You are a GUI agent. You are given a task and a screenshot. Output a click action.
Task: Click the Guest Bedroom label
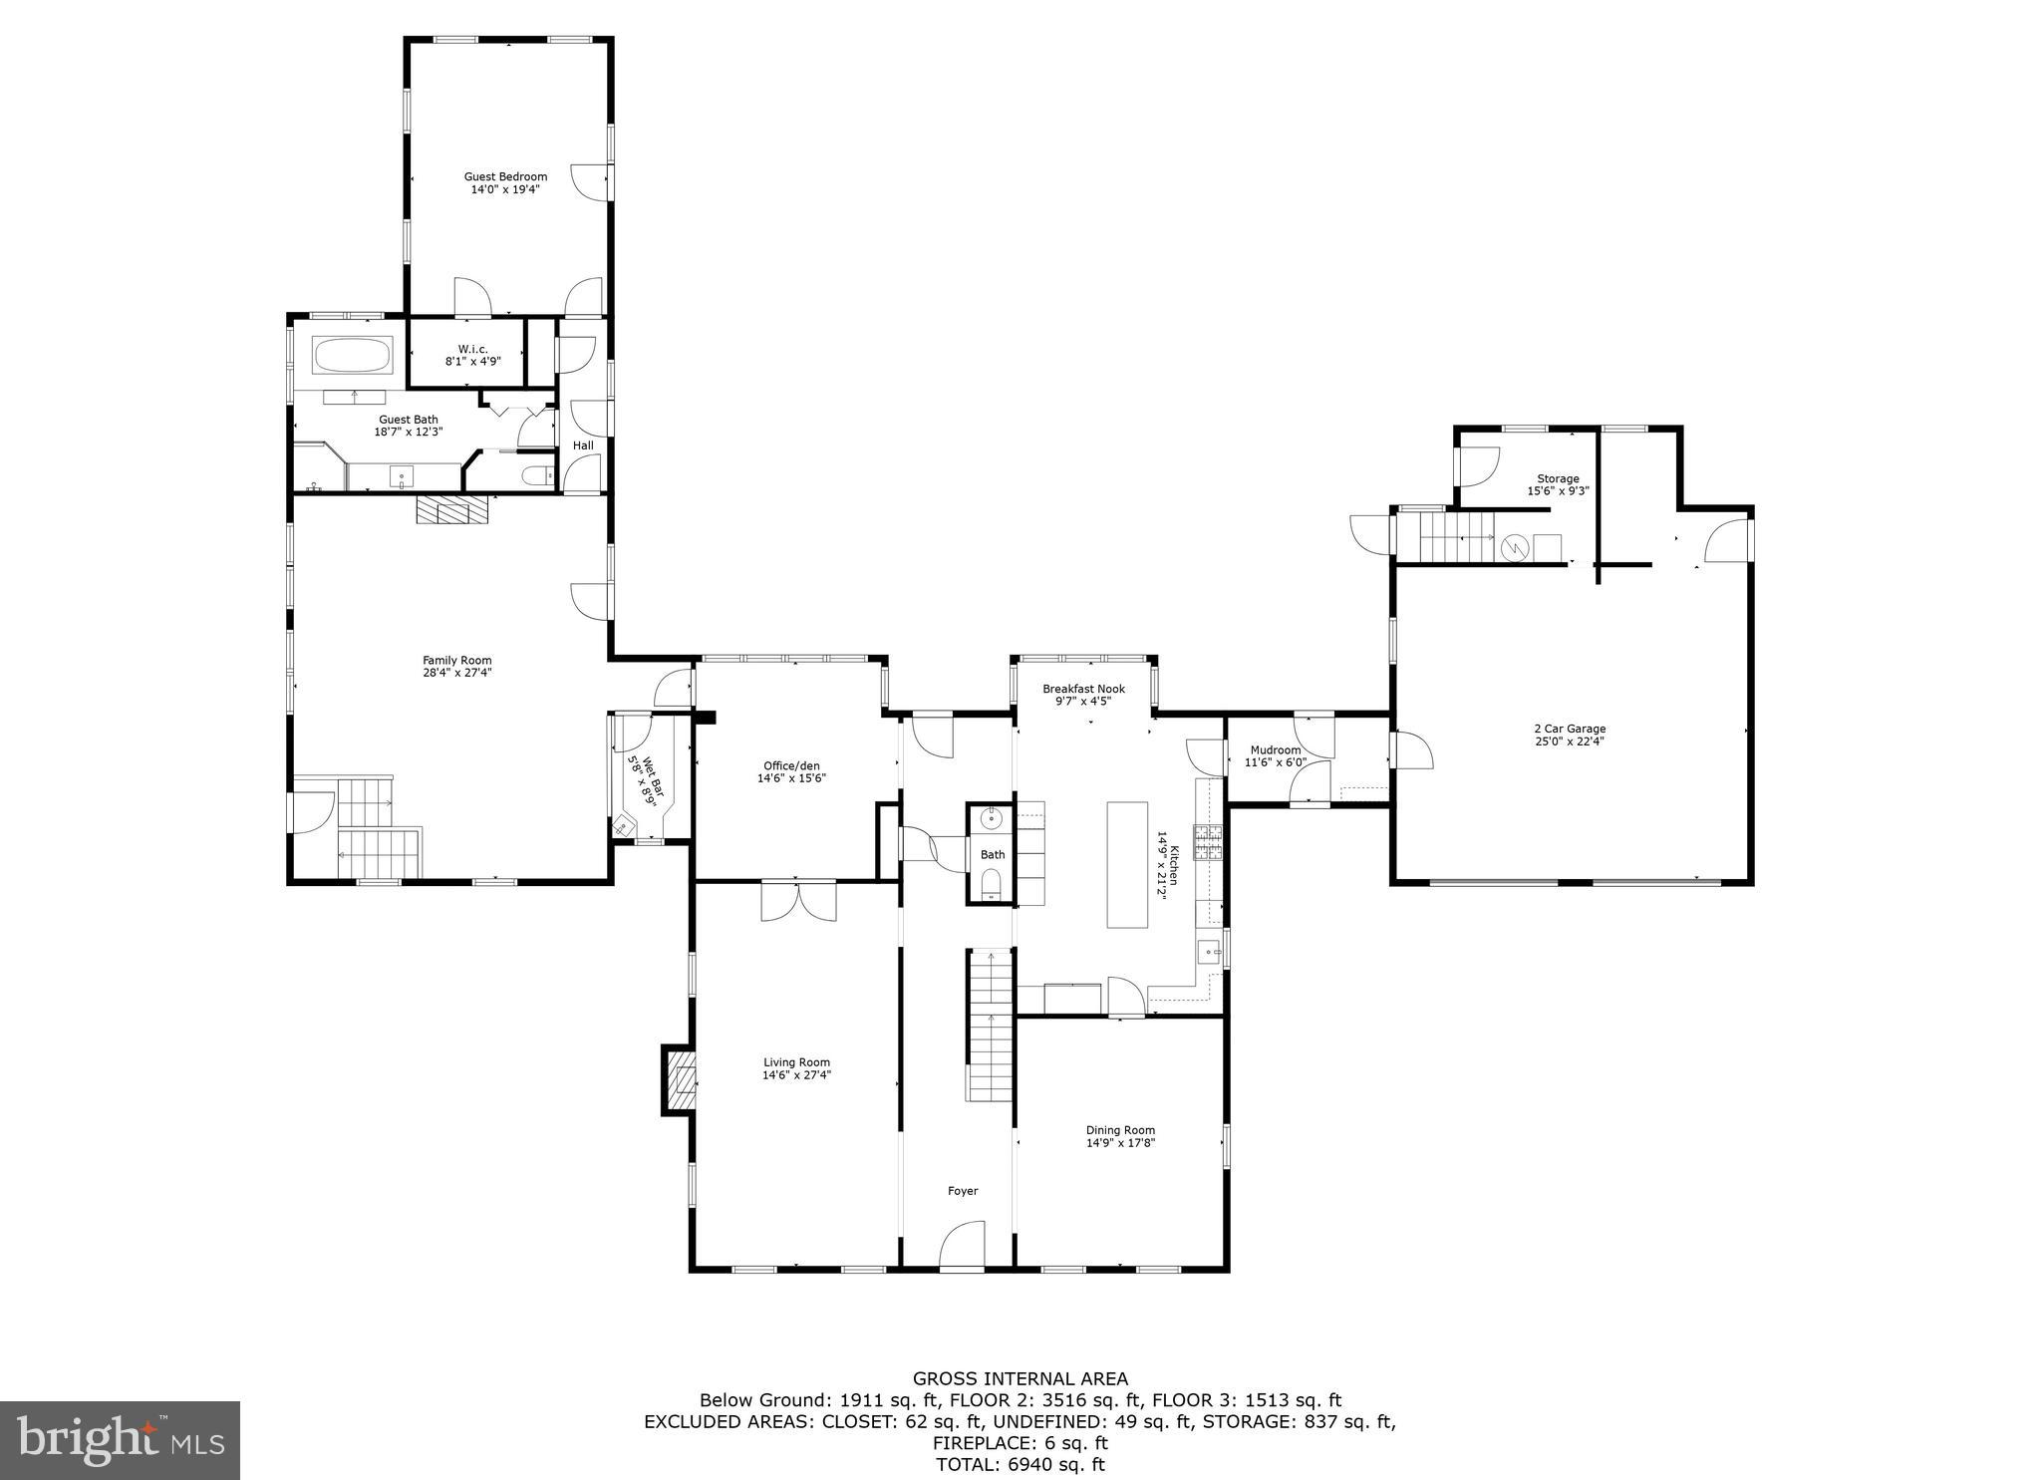pyautogui.click(x=505, y=176)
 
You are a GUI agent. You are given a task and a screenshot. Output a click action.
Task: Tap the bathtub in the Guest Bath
pyautogui.click(x=353, y=355)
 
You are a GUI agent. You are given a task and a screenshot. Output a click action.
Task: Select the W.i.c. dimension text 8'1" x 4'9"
pyautogui.click(x=472, y=362)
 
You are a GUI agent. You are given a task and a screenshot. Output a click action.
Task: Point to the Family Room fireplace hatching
pyautogui.click(x=453, y=511)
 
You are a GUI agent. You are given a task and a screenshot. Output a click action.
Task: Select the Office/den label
pyautogui.click(x=791, y=765)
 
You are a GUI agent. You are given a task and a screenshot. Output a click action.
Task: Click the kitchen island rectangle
pyautogui.click(x=1127, y=865)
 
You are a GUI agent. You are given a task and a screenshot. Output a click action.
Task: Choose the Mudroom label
pyautogui.click(x=1275, y=750)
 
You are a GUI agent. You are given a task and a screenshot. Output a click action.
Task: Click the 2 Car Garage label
pyautogui.click(x=1569, y=729)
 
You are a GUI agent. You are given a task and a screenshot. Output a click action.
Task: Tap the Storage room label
pyautogui.click(x=1557, y=479)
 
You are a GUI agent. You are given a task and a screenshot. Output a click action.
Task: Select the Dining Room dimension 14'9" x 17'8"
pyautogui.click(x=1120, y=1143)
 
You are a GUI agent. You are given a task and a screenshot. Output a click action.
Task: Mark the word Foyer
pyautogui.click(x=962, y=1191)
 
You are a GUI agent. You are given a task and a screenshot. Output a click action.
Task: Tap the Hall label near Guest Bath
pyautogui.click(x=583, y=445)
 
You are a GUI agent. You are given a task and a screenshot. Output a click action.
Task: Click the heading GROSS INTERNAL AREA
pyautogui.click(x=1020, y=1378)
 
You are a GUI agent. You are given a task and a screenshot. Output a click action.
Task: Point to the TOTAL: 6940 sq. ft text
pyautogui.click(x=1020, y=1464)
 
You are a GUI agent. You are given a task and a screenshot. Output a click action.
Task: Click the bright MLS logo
pyautogui.click(x=120, y=1440)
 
